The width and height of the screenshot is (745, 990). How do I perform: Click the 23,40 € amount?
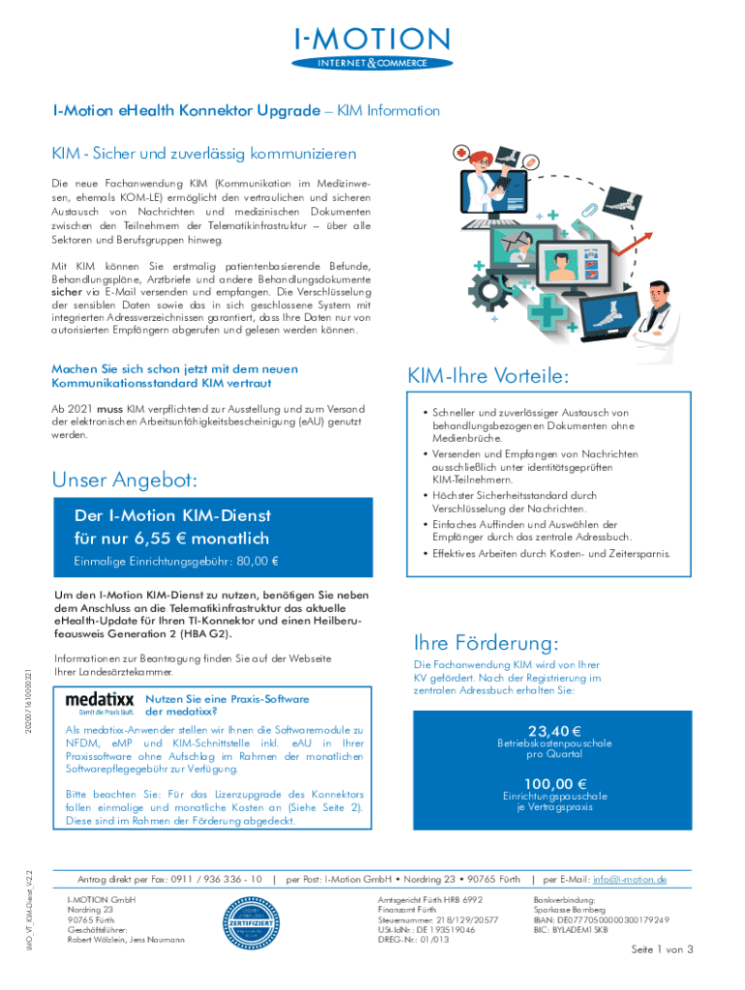point(553,731)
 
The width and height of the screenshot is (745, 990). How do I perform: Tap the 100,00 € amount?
point(553,783)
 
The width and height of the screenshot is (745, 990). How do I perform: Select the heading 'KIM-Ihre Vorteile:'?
point(488,375)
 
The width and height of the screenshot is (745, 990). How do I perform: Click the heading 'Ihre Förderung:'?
point(472,643)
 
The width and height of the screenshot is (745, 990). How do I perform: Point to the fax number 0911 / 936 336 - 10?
point(215,879)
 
